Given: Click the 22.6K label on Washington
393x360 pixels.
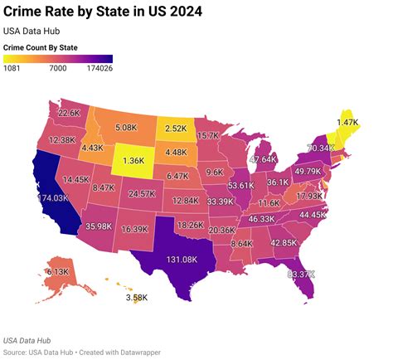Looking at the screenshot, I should point(69,113).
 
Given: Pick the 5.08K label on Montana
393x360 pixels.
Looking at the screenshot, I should point(125,128).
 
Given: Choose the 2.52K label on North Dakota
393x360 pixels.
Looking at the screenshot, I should point(176,129).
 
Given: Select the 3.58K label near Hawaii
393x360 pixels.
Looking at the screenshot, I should point(137,297).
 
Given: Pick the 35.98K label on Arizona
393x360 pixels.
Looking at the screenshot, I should point(99,226).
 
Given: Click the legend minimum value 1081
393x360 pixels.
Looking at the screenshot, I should point(14,69).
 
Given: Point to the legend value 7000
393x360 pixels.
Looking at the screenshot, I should point(58,69).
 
